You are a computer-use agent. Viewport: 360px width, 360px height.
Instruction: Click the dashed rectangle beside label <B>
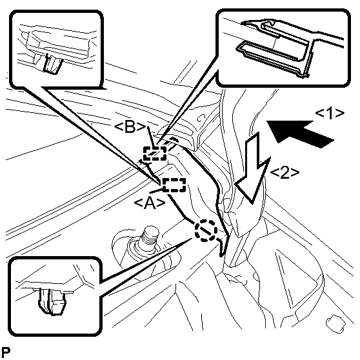[x=155, y=154]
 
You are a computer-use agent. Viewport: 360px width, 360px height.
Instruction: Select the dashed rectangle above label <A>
[x=174, y=185]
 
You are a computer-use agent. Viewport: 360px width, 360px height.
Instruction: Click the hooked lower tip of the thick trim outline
[x=223, y=248]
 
